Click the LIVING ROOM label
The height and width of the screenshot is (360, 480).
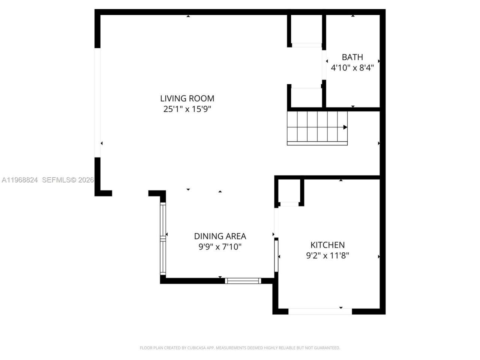tap(187, 99)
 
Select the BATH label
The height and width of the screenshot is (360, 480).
tap(352, 57)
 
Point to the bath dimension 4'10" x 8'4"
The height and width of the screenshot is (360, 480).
tap(352, 68)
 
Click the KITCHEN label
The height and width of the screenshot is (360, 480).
tap(327, 245)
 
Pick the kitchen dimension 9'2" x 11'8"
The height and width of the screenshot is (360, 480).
tap(327, 256)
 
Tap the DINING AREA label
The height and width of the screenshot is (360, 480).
tap(220, 236)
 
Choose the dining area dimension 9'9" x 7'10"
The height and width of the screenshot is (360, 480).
tap(220, 247)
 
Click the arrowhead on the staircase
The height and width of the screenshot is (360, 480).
tap(345, 127)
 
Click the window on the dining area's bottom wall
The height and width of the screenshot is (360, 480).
tap(243, 280)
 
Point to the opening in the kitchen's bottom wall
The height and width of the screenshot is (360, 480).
tap(320, 311)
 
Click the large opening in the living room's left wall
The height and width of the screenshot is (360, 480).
tap(97, 102)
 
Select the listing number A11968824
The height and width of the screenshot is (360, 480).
tap(19, 180)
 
